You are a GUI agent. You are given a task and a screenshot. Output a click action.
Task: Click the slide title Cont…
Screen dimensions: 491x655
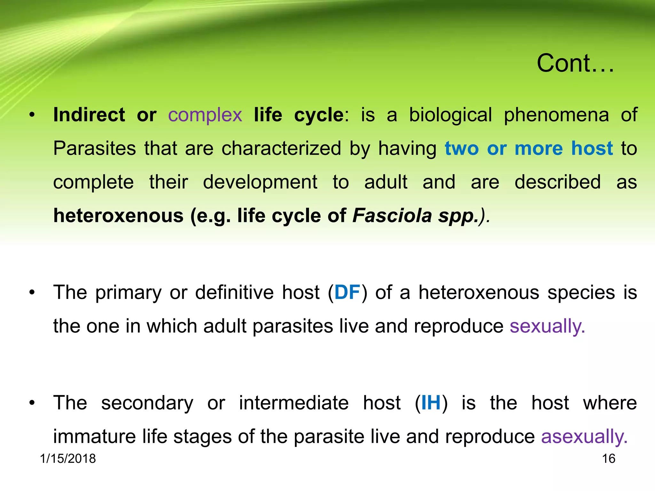point(575,63)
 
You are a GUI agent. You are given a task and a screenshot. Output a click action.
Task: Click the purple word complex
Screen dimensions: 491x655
point(205,115)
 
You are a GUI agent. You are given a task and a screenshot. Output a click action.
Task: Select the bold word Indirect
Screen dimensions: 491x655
point(89,115)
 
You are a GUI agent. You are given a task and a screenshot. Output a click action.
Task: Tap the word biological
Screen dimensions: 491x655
point(450,115)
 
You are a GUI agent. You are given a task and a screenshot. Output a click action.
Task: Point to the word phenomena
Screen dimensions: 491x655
point(556,115)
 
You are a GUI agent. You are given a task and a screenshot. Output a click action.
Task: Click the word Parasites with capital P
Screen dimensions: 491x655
point(94,148)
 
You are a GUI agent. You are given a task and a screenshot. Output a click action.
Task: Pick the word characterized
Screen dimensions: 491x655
point(281,148)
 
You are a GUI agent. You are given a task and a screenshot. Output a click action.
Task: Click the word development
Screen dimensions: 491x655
point(260,182)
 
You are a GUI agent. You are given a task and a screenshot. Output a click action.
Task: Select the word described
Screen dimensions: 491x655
point(557,182)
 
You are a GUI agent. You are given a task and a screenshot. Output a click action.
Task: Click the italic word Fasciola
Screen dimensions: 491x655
point(392,215)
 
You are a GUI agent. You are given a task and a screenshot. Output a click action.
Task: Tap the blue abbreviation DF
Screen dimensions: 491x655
point(347,292)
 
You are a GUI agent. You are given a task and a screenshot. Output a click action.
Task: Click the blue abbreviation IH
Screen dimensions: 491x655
point(431,402)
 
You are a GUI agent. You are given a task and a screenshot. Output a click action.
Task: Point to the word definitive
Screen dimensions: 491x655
point(234,292)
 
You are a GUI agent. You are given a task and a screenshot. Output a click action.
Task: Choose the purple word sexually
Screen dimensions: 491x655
point(547,326)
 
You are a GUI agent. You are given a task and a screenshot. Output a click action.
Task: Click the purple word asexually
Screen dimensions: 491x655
point(584,436)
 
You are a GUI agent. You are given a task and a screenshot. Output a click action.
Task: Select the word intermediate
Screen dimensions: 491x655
point(294,402)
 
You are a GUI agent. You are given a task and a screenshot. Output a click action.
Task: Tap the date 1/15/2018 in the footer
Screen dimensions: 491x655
point(68,459)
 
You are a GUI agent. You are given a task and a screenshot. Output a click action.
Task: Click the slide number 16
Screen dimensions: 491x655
point(609,459)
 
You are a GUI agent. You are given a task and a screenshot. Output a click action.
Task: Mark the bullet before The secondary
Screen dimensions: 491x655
point(32,403)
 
